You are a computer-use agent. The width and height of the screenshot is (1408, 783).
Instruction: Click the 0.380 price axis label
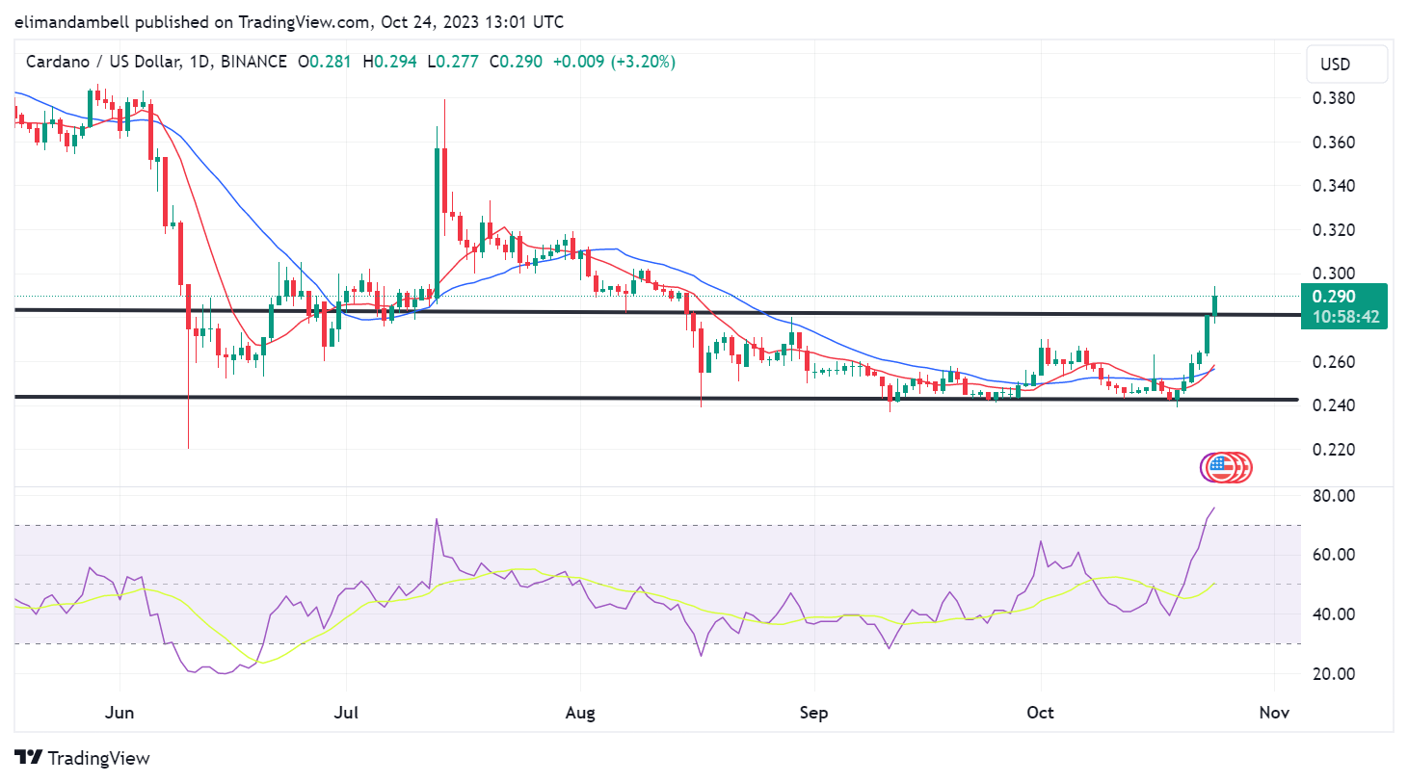(1333, 98)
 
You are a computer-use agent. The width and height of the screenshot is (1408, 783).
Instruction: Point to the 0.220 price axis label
(1333, 450)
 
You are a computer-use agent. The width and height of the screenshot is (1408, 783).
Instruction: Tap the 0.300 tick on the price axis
(1333, 274)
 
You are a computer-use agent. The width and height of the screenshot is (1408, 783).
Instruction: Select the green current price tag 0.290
(1334, 297)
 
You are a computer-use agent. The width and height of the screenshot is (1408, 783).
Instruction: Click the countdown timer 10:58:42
(1345, 317)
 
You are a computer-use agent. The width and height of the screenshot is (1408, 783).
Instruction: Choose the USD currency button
(1336, 65)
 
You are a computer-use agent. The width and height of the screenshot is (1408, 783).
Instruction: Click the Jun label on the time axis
(120, 713)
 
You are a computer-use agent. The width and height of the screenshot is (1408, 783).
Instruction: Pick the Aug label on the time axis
(580, 713)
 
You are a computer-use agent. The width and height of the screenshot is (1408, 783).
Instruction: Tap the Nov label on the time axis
(1274, 713)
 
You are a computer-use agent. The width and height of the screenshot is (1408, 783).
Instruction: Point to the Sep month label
(814, 713)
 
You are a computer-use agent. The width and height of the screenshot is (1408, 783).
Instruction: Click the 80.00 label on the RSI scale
(1333, 496)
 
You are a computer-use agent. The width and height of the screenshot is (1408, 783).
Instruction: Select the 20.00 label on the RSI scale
(1333, 674)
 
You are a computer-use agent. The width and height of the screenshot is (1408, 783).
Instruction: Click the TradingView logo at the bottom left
(83, 758)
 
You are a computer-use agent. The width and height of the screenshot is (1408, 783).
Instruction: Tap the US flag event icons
(1226, 468)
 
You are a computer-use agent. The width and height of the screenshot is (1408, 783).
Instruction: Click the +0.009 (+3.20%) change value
(614, 62)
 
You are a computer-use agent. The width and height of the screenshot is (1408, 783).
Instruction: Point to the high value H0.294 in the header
(389, 62)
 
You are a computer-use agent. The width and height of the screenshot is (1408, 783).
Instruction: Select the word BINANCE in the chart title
(253, 62)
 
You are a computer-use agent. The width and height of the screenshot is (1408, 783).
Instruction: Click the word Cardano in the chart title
(58, 62)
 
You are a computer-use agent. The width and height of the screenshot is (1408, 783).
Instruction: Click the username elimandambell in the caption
(72, 21)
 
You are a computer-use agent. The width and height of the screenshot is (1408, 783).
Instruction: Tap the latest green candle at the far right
(1214, 304)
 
